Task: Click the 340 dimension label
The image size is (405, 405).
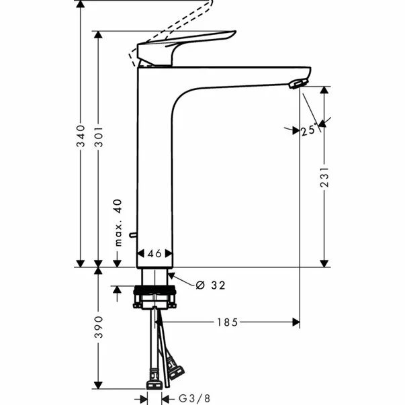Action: click(81, 137)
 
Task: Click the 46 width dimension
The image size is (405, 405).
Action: click(154, 254)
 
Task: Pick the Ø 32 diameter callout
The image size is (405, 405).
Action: click(210, 285)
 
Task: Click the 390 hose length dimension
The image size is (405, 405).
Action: click(99, 326)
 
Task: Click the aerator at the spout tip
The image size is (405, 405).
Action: click(296, 83)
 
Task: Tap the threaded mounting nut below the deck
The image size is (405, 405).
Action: click(155, 297)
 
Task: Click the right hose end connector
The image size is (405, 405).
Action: click(177, 368)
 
